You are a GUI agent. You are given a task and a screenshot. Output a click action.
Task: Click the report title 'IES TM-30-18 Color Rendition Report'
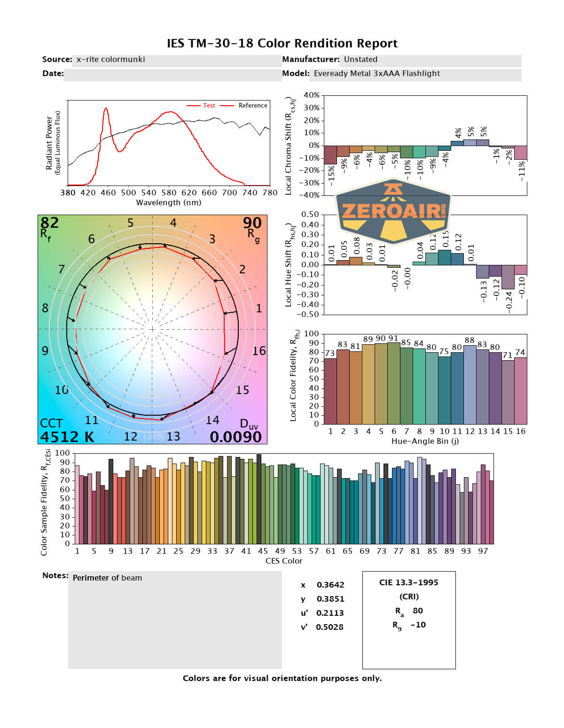(282, 44)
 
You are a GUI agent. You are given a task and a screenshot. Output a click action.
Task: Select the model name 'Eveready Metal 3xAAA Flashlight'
(376, 73)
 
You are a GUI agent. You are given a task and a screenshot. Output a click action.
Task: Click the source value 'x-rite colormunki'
(110, 59)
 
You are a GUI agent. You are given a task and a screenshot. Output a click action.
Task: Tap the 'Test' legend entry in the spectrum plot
(209, 106)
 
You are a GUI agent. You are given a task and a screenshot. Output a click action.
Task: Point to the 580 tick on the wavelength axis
(169, 193)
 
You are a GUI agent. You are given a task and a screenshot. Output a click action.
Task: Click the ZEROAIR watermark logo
(393, 211)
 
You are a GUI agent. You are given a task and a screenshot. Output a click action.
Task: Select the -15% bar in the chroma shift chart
(330, 155)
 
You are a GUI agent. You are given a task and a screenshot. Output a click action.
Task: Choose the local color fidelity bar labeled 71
(508, 392)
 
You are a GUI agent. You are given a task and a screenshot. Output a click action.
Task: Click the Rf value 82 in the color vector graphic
(50, 223)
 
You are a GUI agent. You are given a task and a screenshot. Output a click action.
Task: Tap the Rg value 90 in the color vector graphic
(252, 223)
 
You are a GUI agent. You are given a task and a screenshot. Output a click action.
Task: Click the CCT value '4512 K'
(67, 437)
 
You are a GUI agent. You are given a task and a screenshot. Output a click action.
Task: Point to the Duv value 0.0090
(235, 437)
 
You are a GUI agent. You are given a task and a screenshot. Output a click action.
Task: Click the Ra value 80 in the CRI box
(417, 611)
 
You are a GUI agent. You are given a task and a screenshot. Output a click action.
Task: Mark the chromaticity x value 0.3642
(330, 585)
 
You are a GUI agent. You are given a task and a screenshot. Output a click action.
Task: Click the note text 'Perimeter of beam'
(107, 578)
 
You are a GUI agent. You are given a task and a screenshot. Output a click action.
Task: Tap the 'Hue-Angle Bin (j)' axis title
(425, 441)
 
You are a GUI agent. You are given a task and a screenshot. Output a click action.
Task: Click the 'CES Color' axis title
(284, 561)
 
